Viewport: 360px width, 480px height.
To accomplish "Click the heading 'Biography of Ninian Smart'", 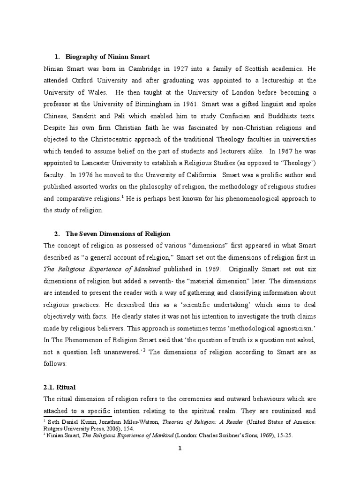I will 108,57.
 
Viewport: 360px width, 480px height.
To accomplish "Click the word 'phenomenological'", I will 240,198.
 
